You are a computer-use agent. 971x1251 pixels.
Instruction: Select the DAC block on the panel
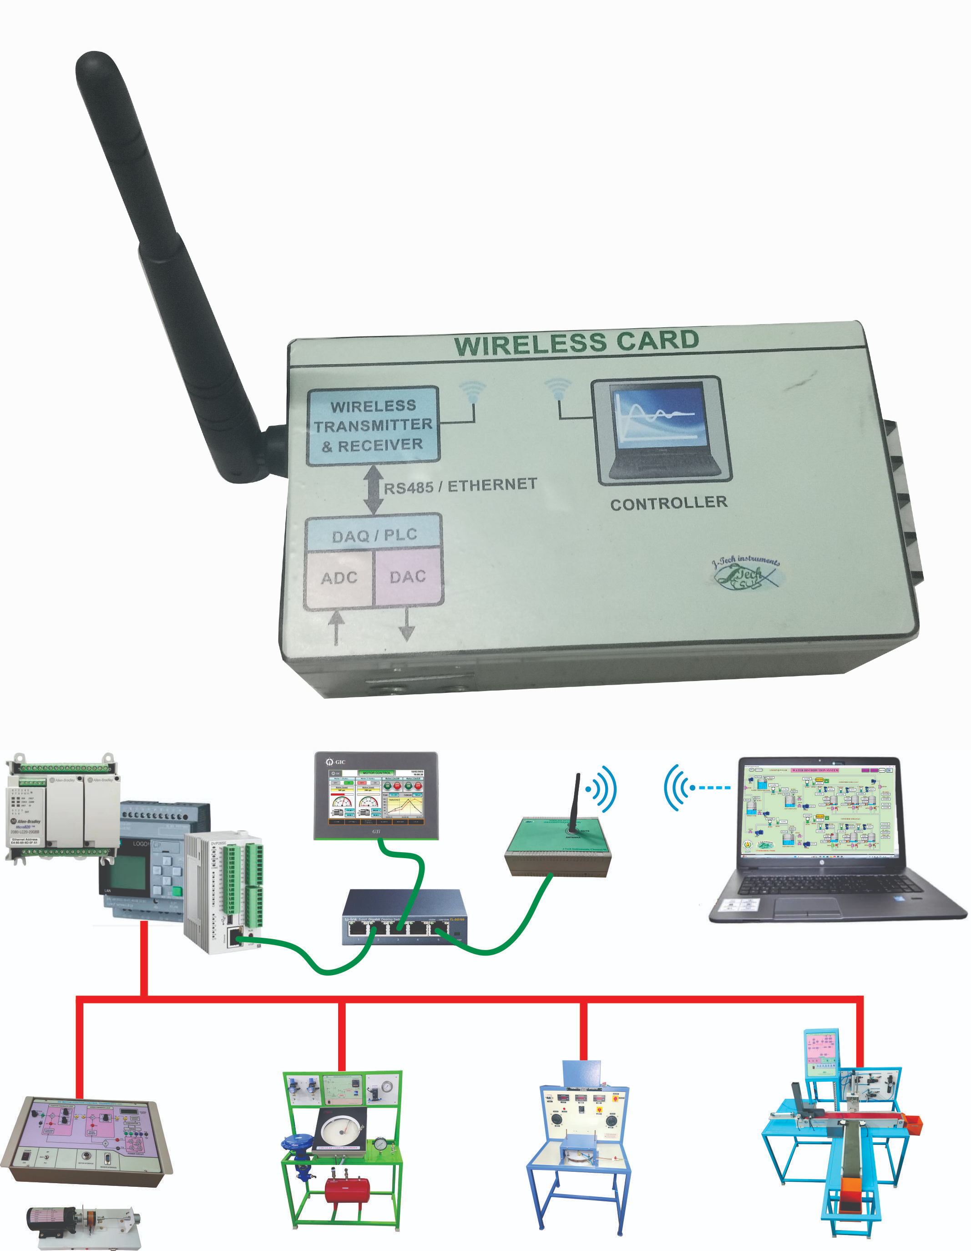(408, 576)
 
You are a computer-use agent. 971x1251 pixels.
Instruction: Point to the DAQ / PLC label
(374, 535)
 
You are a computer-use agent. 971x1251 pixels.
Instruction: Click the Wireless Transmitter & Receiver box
(373, 426)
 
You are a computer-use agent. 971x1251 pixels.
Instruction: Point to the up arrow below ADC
(337, 627)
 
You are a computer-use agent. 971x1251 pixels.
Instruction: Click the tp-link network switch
(405, 916)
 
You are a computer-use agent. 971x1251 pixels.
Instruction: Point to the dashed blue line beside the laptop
(711, 788)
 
